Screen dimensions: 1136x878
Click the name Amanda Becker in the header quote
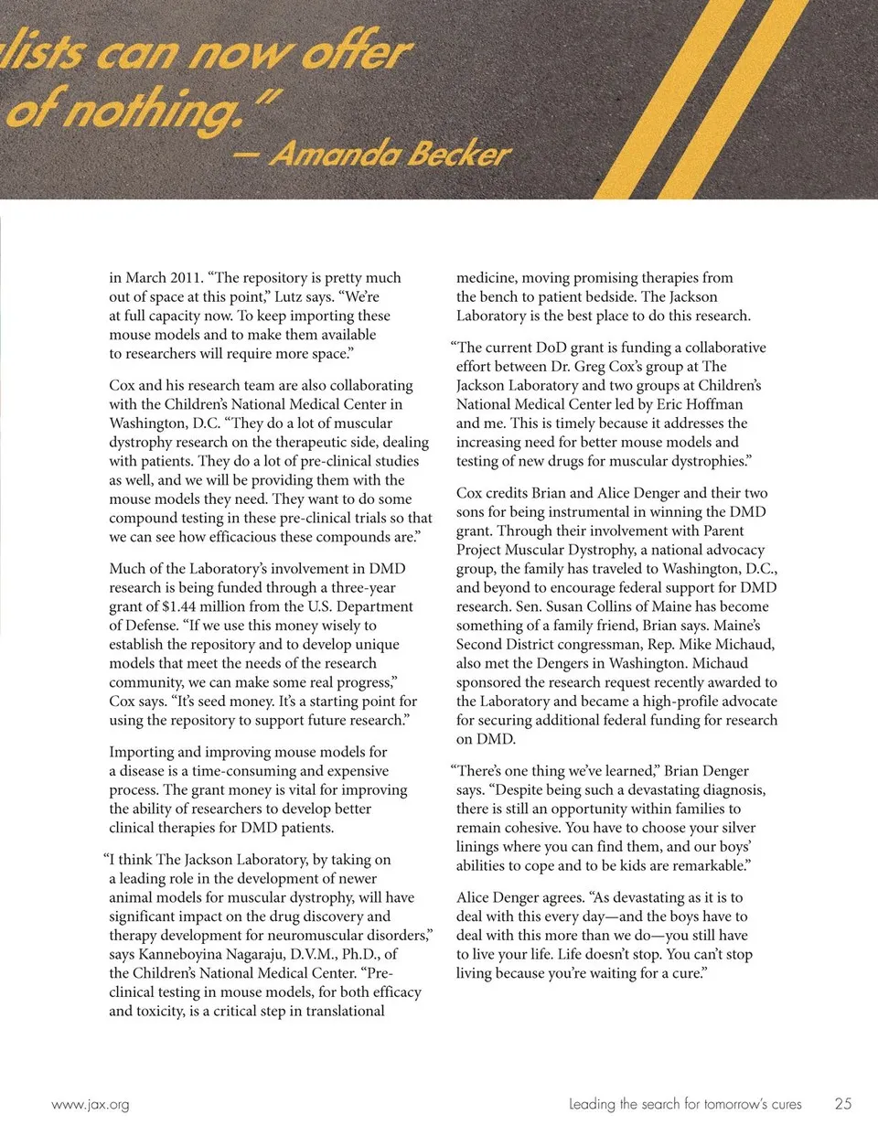coord(390,153)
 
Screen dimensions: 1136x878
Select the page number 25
coord(842,1103)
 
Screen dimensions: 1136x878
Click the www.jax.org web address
coord(91,1104)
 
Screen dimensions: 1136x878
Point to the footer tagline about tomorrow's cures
coord(684,1104)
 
